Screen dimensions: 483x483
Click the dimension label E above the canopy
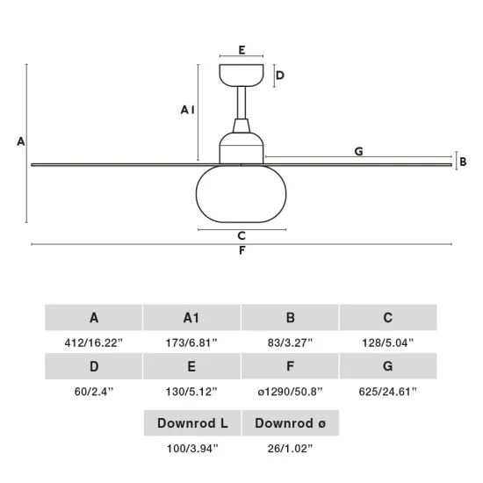click(241, 50)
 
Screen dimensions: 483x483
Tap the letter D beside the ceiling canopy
click(279, 76)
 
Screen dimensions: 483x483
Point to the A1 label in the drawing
click(188, 110)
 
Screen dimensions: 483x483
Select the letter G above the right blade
click(359, 151)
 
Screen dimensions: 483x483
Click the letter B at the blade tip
click(463, 162)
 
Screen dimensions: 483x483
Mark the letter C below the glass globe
click(241, 236)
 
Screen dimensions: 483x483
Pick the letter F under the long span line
click(242, 250)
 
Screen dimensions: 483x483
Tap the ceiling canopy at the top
click(241, 76)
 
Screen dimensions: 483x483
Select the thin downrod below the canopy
click(241, 103)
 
